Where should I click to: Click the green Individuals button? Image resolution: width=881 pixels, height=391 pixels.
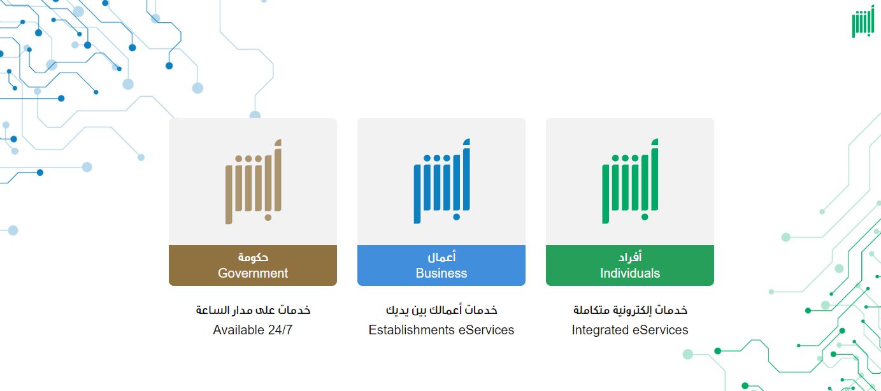(x=629, y=266)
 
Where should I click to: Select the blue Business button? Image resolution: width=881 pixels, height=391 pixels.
(x=441, y=266)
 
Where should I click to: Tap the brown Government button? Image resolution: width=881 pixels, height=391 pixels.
(x=252, y=266)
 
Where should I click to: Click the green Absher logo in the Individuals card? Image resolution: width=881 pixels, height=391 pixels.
(x=630, y=181)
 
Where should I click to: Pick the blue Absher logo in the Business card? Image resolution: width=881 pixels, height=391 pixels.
(x=441, y=181)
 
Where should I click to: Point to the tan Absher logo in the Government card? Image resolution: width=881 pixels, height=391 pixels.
(x=253, y=181)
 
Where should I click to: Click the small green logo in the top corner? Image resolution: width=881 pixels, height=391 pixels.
(x=863, y=24)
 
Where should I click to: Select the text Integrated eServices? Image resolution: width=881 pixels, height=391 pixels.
(x=629, y=330)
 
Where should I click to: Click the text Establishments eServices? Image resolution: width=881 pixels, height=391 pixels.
(x=441, y=330)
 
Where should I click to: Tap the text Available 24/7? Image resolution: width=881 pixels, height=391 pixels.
(x=252, y=330)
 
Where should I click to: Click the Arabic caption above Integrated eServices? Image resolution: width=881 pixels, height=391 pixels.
(x=630, y=310)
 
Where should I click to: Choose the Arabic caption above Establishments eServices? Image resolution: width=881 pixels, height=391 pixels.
(x=441, y=310)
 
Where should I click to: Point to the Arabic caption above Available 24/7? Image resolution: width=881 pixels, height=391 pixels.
(x=253, y=310)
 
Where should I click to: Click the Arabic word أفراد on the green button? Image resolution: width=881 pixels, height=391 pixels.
(x=630, y=257)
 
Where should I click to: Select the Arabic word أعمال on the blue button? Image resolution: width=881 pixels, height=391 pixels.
(x=441, y=257)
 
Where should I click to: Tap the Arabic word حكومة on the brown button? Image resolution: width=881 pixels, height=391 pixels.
(x=253, y=257)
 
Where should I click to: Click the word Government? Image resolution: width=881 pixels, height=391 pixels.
(x=252, y=273)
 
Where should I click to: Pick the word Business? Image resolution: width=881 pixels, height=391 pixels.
(x=441, y=273)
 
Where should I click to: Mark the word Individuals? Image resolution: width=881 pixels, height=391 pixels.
(x=629, y=273)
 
